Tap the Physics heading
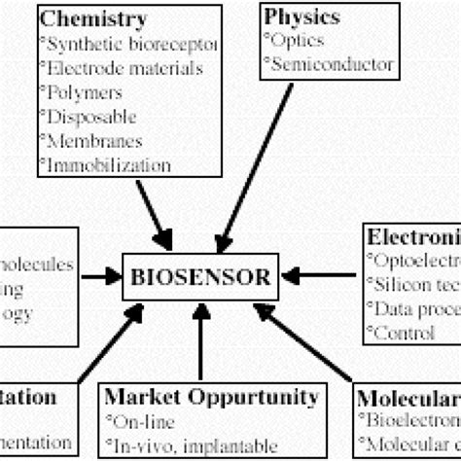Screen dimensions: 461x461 [301, 18]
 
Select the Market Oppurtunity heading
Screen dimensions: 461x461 [211, 398]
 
